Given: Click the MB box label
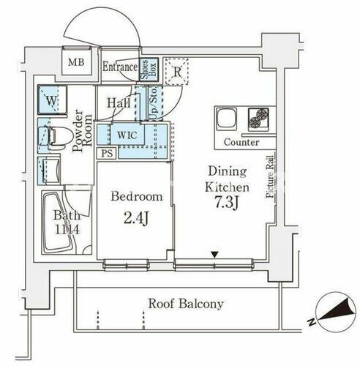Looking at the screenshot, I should [x=77, y=61].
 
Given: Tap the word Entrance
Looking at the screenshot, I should [x=120, y=67].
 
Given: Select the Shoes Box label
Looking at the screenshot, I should [x=149, y=69].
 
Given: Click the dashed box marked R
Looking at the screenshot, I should [x=176, y=71].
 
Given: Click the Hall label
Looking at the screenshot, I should [x=119, y=104].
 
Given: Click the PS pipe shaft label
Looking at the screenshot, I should [x=106, y=153].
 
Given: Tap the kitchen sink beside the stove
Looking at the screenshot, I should [x=226, y=118].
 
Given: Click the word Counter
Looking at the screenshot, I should [x=241, y=141].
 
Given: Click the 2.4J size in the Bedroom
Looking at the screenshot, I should [x=135, y=217].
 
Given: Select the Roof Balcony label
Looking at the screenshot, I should [x=186, y=304].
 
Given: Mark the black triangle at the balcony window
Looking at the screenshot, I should [x=214, y=254].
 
